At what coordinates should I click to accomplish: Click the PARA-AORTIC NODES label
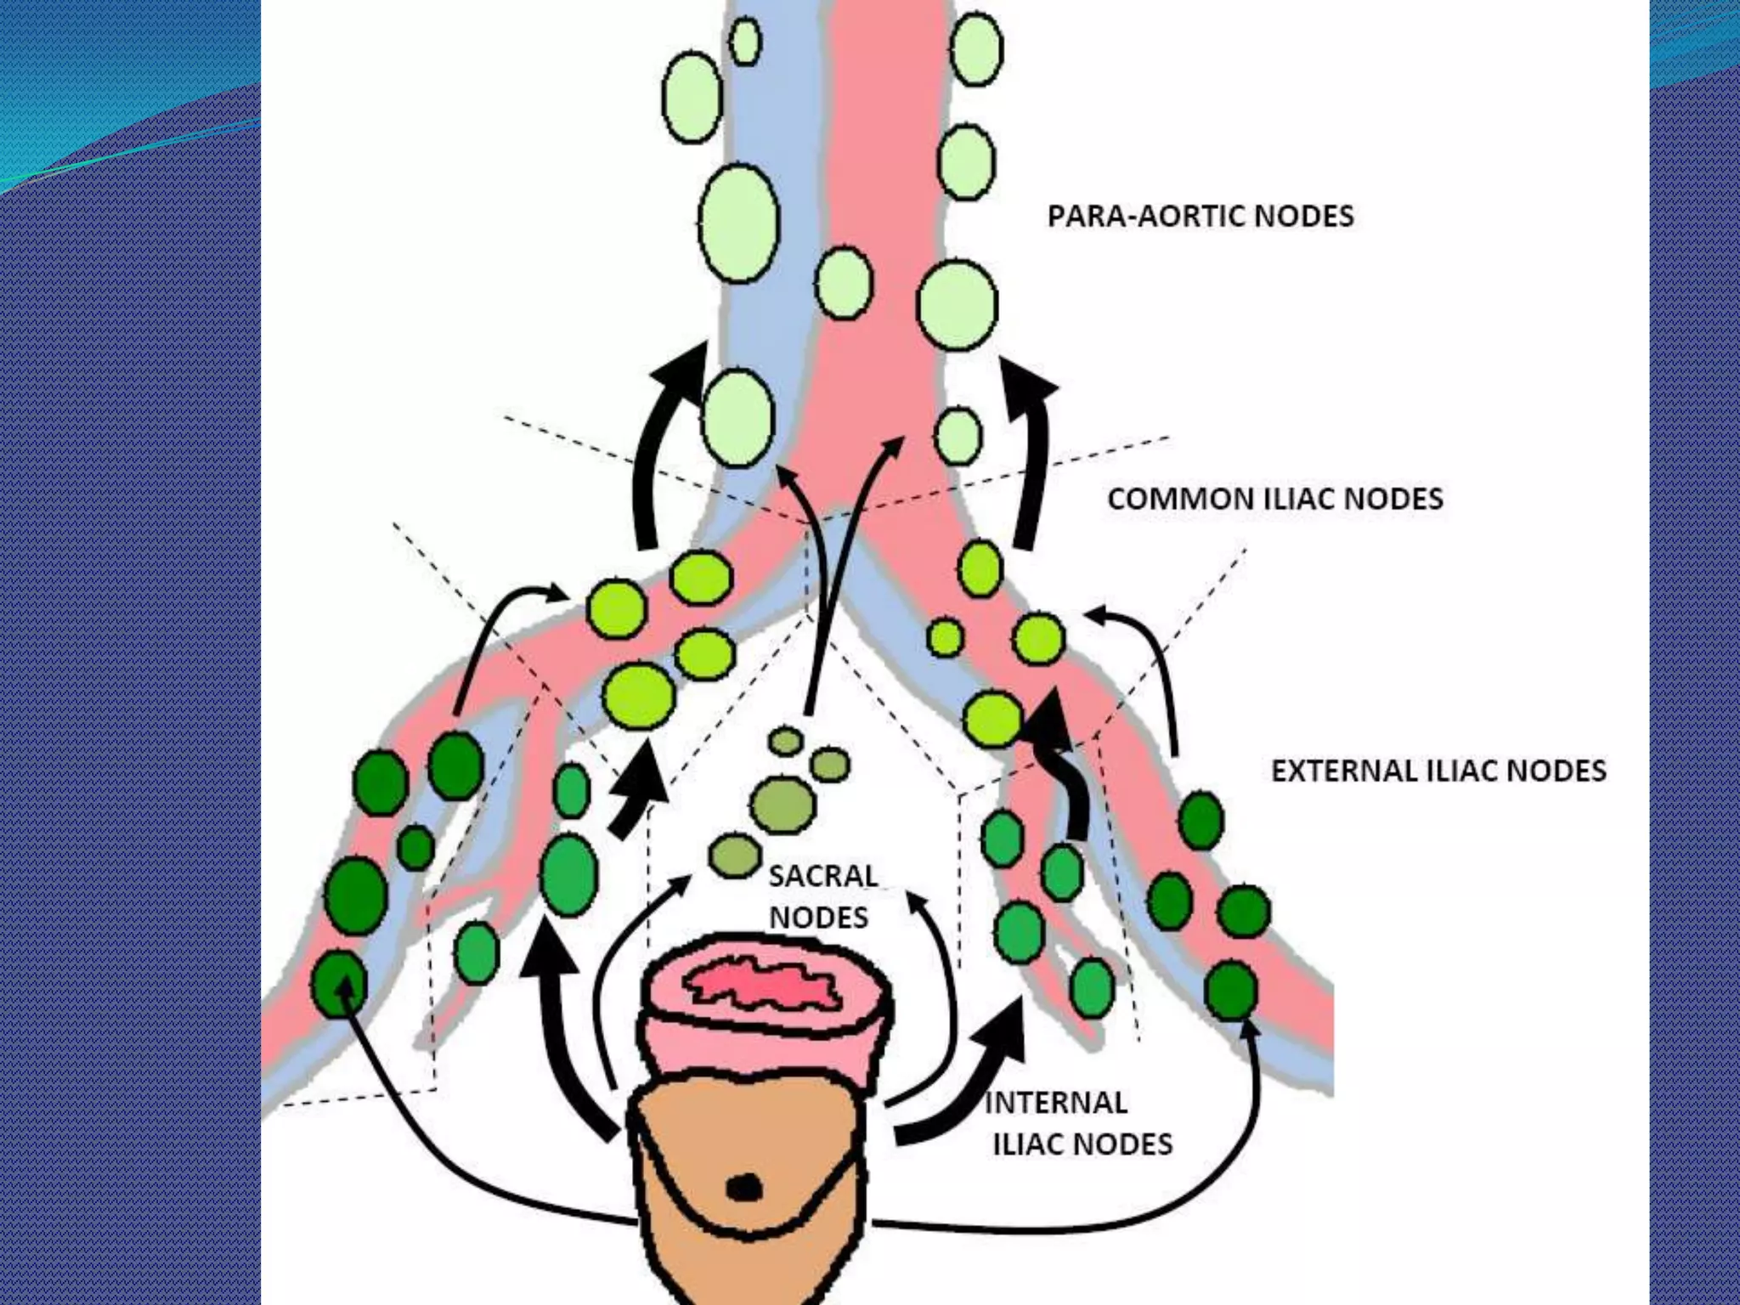pyautogui.click(x=1200, y=216)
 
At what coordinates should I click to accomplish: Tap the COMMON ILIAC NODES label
pyautogui.click(x=1274, y=498)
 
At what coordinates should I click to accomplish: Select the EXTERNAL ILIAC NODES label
pyautogui.click(x=1438, y=771)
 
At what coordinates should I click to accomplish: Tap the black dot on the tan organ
pyautogui.click(x=745, y=1188)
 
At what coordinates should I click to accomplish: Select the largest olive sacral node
pyautogui.click(x=782, y=804)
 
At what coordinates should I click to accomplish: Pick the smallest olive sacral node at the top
pyautogui.click(x=786, y=741)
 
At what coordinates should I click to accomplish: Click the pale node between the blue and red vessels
pyautogui.click(x=844, y=283)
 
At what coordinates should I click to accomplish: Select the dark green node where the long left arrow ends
pyautogui.click(x=339, y=984)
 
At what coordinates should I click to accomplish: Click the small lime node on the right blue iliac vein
pyautogui.click(x=945, y=637)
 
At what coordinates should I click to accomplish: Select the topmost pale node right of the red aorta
pyautogui.click(x=976, y=49)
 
